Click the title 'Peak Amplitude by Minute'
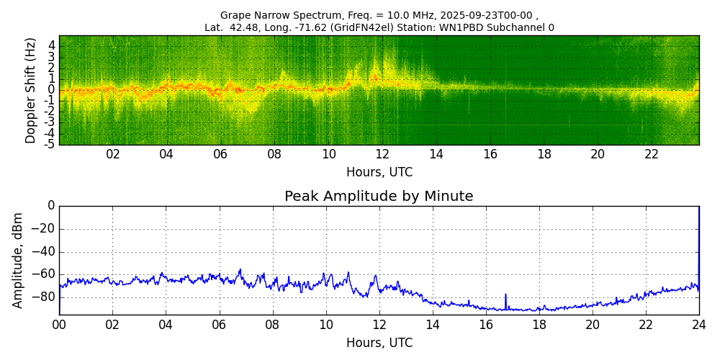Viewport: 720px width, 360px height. [379, 197]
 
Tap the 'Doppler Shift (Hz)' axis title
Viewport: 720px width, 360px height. [30, 90]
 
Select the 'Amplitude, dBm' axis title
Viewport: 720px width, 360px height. [18, 260]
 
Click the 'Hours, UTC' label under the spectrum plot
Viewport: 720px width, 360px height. [379, 173]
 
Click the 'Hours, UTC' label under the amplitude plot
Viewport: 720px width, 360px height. [379, 343]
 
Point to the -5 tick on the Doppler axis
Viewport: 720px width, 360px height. [50, 144]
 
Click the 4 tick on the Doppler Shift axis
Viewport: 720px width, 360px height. [52, 45]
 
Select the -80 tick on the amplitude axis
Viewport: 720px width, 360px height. [44, 297]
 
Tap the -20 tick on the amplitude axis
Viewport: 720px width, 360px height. [44, 229]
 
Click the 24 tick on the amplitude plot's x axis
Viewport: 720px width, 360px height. [698, 325]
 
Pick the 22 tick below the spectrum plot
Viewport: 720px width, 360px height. [652, 154]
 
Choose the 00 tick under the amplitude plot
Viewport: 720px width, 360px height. [59, 325]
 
